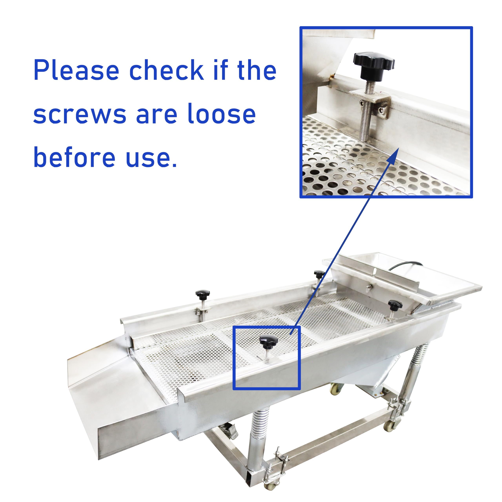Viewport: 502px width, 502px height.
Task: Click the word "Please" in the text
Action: click(x=76, y=70)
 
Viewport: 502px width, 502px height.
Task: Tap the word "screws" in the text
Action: click(x=79, y=114)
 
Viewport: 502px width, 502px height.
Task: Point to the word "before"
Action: click(x=74, y=157)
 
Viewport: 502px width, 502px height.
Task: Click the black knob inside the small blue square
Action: click(x=269, y=341)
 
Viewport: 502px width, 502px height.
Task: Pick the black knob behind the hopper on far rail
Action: click(x=319, y=274)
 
